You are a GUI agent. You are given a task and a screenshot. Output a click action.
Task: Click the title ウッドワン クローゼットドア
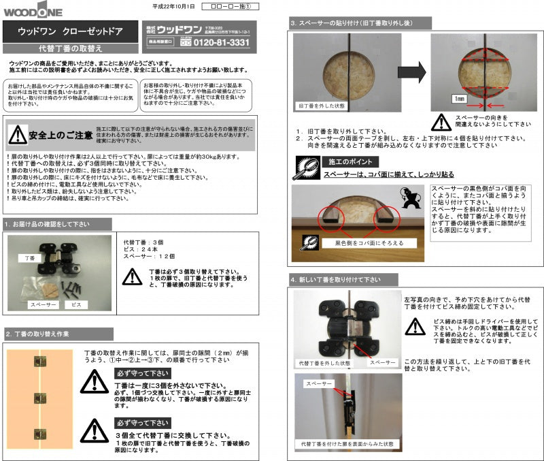click(71, 31)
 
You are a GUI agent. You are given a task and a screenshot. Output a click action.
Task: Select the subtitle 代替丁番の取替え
click(71, 48)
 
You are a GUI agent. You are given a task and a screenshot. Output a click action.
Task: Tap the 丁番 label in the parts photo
click(30, 259)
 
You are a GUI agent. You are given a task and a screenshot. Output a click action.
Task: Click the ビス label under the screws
click(77, 305)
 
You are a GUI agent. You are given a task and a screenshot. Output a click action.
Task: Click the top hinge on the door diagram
click(40, 362)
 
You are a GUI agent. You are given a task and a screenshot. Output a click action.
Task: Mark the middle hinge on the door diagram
click(40, 398)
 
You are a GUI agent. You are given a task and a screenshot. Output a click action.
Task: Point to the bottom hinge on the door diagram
click(40, 433)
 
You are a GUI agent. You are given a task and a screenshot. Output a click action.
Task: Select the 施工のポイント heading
click(346, 163)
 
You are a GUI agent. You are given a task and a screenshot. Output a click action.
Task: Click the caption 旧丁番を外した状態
click(322, 106)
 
